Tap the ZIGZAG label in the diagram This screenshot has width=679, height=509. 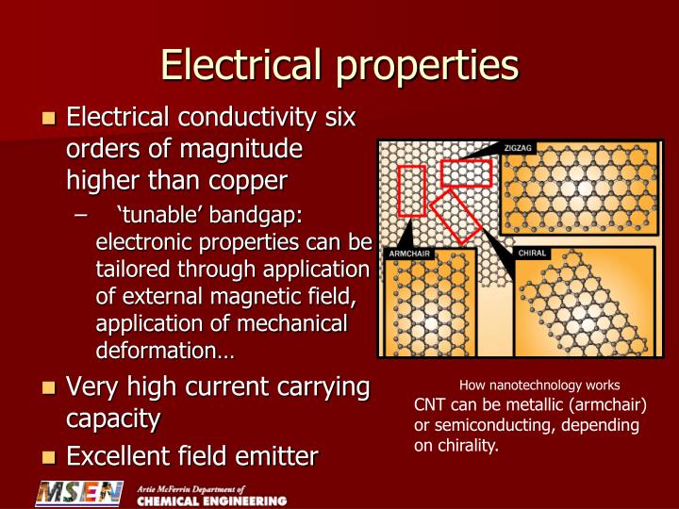(520, 149)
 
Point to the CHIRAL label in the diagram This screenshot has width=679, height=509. (532, 254)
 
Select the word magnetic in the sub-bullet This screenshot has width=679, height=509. (247, 297)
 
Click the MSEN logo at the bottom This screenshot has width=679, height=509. (79, 494)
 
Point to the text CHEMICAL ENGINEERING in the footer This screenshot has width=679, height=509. (211, 501)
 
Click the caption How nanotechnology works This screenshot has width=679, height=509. (539, 385)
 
